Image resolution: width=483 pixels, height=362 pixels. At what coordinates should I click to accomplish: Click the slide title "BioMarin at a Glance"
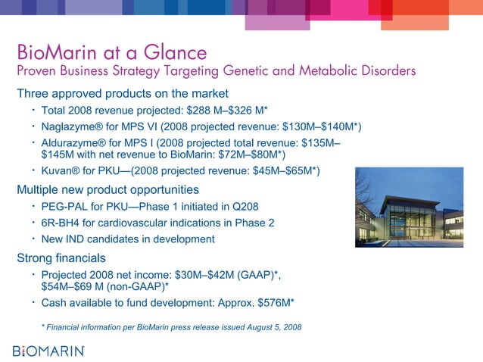(112, 54)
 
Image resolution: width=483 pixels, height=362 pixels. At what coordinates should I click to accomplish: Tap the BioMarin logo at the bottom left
(49, 351)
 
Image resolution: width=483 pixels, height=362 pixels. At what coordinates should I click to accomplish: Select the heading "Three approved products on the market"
(123, 94)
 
